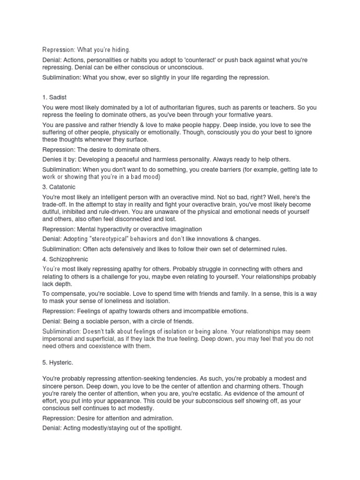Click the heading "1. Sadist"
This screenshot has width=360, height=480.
point(54,97)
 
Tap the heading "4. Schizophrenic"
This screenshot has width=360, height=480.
point(65,259)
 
